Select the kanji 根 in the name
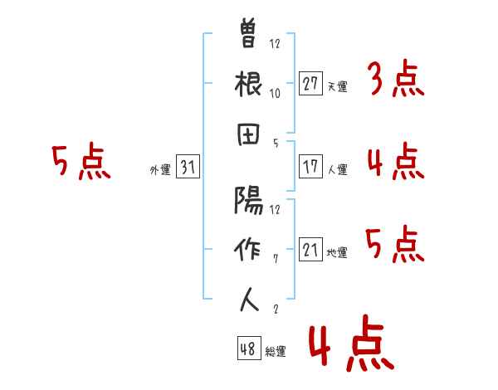[x=248, y=84]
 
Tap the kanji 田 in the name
[x=248, y=134]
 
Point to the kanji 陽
[x=249, y=200]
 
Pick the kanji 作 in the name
[x=247, y=249]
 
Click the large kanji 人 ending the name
[x=249, y=300]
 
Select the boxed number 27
[x=310, y=84]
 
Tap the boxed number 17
[x=310, y=167]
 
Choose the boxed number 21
[x=310, y=249]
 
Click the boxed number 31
[x=188, y=166]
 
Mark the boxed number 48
[x=249, y=348]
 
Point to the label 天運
[x=338, y=86]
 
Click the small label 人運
[x=338, y=169]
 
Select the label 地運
[x=337, y=252]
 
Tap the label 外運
[x=160, y=170]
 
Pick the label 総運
[x=276, y=351]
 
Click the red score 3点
[x=397, y=78]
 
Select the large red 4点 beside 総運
[x=352, y=343]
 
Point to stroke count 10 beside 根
[x=275, y=94]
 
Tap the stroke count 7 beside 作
[x=276, y=259]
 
